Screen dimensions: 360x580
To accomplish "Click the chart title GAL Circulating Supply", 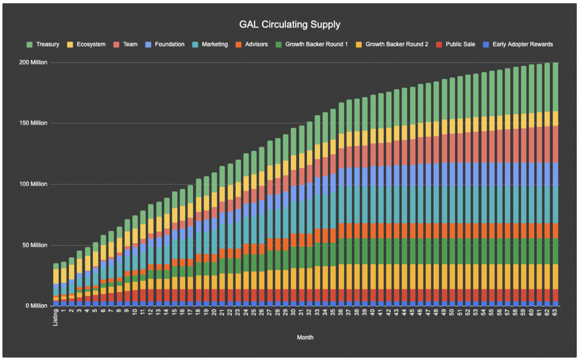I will point(290,24).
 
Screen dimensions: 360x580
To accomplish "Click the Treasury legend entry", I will point(43,44).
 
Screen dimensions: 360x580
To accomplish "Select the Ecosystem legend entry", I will point(87,44).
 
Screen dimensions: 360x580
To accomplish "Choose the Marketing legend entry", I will point(210,44).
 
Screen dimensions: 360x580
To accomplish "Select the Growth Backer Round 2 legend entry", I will point(392,44).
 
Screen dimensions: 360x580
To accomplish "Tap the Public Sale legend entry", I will point(456,44).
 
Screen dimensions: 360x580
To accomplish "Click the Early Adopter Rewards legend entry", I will point(518,44).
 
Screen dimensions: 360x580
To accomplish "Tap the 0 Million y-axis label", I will point(36,306).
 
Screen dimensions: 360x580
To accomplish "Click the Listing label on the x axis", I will point(56,317).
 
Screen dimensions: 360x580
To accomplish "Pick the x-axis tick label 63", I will point(555,312).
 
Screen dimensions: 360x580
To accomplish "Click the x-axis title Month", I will point(305,338).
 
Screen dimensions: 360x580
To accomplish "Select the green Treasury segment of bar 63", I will point(555,87).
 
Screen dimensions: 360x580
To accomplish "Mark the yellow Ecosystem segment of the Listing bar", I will point(56,276).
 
